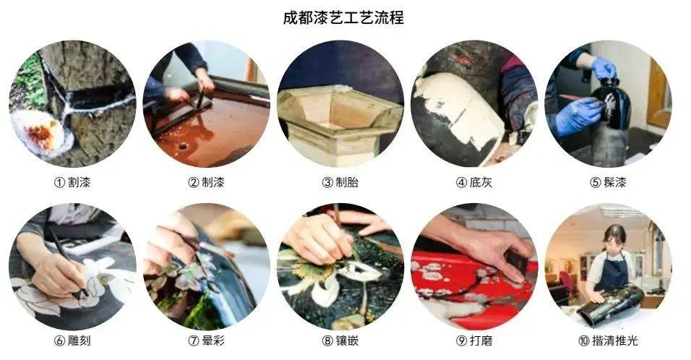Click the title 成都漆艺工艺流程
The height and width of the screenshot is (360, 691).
pos(343,17)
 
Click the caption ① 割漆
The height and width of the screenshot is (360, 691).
pos(72,182)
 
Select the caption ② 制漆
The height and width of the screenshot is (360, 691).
pos(206,182)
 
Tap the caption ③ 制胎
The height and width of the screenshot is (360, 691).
pos(340,182)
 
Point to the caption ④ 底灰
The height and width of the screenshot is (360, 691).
pos(474,182)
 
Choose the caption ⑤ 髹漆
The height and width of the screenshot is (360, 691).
pos(608,182)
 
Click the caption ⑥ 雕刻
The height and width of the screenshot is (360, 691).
pos(72,340)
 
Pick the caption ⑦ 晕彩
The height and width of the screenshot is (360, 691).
pos(206,340)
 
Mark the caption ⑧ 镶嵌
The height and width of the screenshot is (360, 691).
pos(340,340)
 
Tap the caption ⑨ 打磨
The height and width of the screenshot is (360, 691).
pos(474,340)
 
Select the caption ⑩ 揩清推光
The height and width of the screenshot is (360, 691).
pos(608,340)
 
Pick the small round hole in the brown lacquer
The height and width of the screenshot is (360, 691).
pos(181,145)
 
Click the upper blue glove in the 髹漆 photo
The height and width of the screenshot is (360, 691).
pos(604,68)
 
